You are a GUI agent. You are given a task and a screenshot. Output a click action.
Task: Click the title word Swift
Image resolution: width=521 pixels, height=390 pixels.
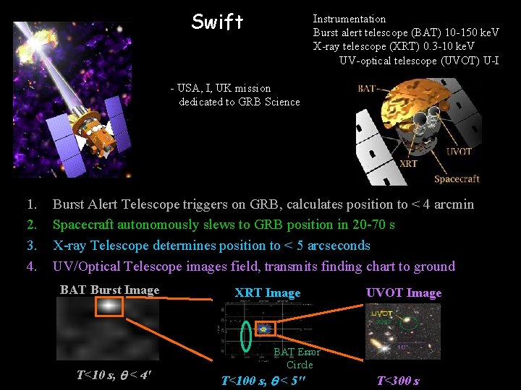pyautogui.click(x=217, y=22)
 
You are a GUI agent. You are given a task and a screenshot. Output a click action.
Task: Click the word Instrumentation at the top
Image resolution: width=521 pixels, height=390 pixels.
pyautogui.click(x=349, y=19)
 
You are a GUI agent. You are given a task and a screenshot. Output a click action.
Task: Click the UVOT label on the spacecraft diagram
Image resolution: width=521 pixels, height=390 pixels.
pyautogui.click(x=459, y=151)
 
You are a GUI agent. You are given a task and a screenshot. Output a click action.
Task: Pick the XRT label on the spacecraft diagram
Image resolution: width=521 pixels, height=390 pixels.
pyautogui.click(x=407, y=164)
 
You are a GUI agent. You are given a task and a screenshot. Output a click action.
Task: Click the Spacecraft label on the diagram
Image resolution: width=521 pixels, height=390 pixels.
pyautogui.click(x=457, y=179)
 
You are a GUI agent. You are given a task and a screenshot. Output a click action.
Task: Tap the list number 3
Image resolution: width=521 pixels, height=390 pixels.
pyautogui.click(x=31, y=246)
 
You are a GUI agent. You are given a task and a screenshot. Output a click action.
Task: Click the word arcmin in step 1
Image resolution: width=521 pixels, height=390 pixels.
pyautogui.click(x=453, y=204)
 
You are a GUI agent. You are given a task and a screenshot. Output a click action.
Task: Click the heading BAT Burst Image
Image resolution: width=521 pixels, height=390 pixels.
pyautogui.click(x=109, y=290)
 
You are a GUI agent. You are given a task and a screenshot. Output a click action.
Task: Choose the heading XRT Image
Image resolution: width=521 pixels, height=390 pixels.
pyautogui.click(x=267, y=292)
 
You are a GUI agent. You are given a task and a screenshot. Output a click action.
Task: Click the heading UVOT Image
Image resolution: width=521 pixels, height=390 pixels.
pyautogui.click(x=404, y=292)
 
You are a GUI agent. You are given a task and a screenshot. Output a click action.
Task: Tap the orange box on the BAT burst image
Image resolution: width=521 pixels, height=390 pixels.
pyautogui.click(x=109, y=306)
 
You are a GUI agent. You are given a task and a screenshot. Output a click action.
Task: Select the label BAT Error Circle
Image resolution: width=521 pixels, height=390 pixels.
pyautogui.click(x=297, y=358)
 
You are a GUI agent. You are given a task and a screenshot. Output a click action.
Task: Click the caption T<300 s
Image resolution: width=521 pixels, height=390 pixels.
pyautogui.click(x=399, y=381)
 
